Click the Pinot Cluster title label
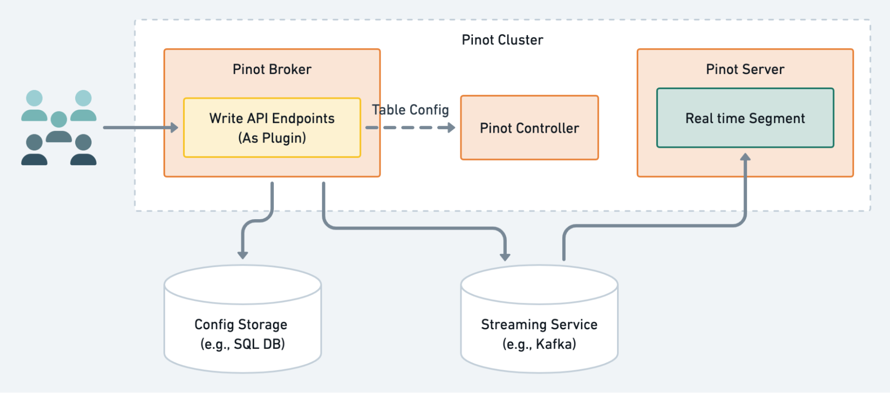[x=502, y=40]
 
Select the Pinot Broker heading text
[x=272, y=70]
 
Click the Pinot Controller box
[x=529, y=128]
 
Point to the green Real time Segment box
[x=745, y=118]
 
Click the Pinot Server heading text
[x=745, y=70]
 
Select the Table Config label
[x=410, y=110]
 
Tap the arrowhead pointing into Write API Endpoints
[x=174, y=128]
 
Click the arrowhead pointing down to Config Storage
[x=242, y=254]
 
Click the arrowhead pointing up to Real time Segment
[x=745, y=157]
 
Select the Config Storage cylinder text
[x=241, y=324]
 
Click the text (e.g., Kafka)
[x=539, y=344]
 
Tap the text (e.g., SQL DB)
[x=242, y=344]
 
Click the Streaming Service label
[x=539, y=324]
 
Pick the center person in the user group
[x=59, y=127]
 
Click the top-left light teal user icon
[x=34, y=106]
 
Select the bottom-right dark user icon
[x=83, y=150]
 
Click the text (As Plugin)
[x=272, y=138]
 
